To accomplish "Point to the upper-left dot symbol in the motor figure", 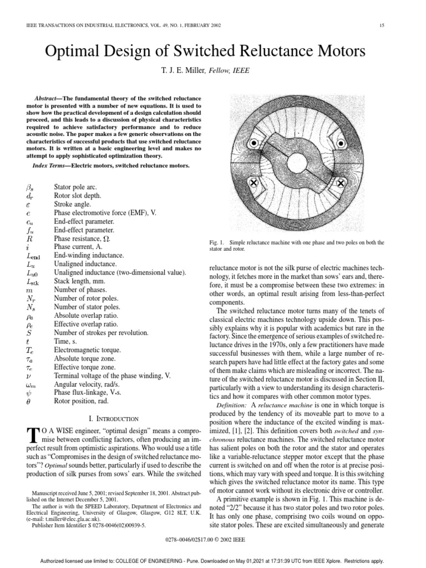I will [253, 144].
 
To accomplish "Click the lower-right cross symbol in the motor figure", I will [341, 182].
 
